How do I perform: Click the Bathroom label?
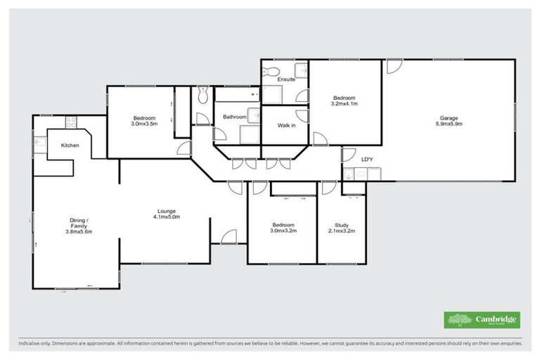click(235, 117)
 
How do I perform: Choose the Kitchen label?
click(70, 146)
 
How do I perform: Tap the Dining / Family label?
click(79, 221)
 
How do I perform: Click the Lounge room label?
click(167, 211)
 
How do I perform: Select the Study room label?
click(340, 225)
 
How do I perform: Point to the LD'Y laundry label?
click(366, 160)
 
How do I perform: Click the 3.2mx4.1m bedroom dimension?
click(345, 104)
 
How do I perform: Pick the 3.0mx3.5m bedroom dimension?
click(144, 124)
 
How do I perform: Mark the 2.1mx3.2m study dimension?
click(341, 231)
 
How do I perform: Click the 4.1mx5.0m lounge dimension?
click(167, 217)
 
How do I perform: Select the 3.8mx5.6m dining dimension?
click(79, 231)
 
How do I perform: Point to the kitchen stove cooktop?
click(70, 122)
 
